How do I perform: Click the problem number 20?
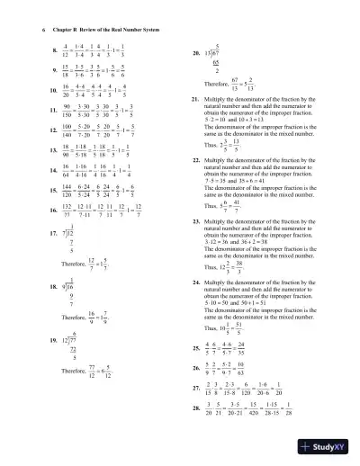click(184, 53)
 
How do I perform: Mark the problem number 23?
click(184, 220)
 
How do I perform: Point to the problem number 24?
click(184, 281)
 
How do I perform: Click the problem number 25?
click(184, 346)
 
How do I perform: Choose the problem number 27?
click(184, 390)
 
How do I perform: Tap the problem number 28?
click(184, 411)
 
